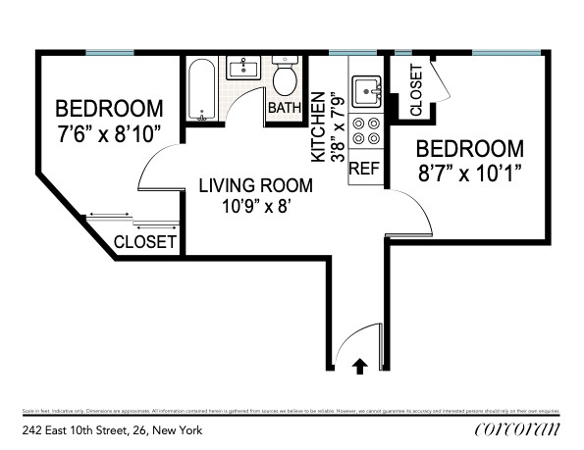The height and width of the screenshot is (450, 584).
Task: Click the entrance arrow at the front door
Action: point(360,366)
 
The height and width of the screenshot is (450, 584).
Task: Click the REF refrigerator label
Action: point(364,168)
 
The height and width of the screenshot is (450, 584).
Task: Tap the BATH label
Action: point(285,108)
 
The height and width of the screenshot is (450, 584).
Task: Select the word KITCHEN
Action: point(318,127)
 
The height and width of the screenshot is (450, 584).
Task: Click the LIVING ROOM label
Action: point(256,184)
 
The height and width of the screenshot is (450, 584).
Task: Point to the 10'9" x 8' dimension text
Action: point(256,207)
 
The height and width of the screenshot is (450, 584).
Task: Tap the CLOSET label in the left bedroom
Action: point(145,241)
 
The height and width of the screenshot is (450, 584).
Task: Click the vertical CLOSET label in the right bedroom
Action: point(416,91)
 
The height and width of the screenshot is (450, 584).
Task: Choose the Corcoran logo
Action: point(516,428)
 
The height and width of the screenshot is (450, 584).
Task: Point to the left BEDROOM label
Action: point(108,108)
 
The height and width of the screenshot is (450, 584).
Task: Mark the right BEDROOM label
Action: point(469,149)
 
